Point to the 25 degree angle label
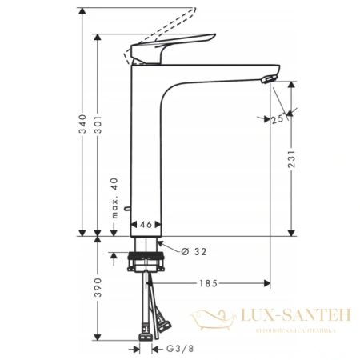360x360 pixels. click(x=277, y=120)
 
